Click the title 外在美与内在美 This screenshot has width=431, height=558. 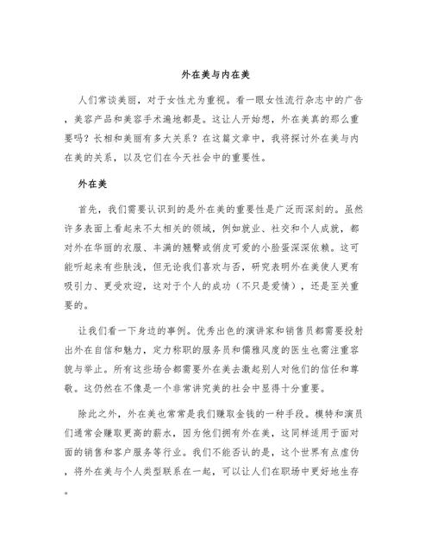215,75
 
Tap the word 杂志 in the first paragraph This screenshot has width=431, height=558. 327,97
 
